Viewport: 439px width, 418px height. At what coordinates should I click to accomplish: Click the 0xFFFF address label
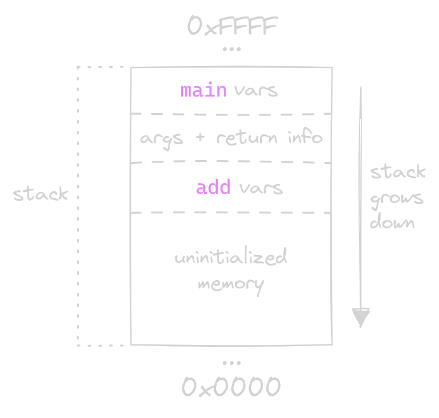[232, 27]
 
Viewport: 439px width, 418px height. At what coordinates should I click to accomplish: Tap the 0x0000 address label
[231, 386]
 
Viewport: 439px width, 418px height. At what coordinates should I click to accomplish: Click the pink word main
[203, 90]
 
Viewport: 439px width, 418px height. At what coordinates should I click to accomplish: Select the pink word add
[213, 188]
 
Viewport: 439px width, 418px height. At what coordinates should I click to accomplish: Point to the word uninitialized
[231, 258]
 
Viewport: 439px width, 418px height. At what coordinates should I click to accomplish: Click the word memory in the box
[231, 283]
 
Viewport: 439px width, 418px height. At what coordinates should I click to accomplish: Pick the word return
[248, 138]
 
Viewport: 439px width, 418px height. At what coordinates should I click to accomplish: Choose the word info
[304, 137]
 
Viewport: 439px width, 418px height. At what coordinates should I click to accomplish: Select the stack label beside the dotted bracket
[40, 194]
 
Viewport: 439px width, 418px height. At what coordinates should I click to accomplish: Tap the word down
[392, 222]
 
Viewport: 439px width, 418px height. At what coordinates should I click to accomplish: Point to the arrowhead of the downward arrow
[361, 317]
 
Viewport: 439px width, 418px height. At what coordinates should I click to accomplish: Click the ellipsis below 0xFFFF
[232, 50]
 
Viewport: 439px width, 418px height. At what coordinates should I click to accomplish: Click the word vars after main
[256, 90]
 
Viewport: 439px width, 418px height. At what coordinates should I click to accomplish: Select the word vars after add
[260, 188]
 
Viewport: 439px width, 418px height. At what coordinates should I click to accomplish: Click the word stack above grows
[398, 173]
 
